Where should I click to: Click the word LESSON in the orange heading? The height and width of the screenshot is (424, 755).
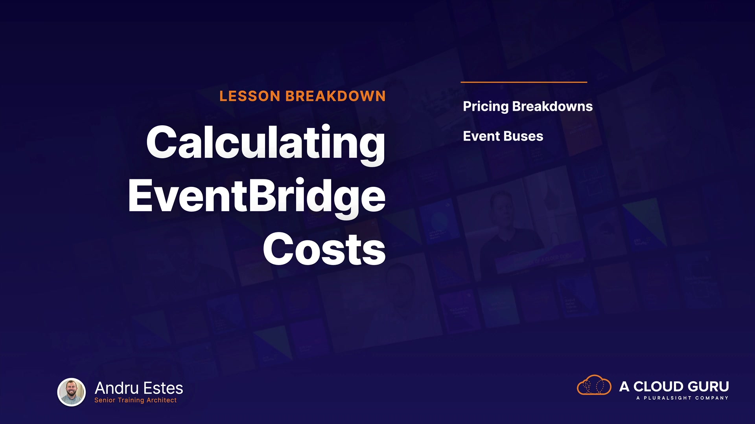click(x=250, y=96)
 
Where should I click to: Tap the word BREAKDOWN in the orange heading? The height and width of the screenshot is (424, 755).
click(x=335, y=96)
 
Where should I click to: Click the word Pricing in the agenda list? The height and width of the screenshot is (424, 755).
click(x=486, y=107)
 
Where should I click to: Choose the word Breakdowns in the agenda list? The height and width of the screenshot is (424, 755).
click(x=552, y=106)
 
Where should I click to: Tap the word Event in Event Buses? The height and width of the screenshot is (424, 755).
click(x=481, y=136)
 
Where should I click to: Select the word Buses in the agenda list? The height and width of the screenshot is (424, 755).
click(x=523, y=136)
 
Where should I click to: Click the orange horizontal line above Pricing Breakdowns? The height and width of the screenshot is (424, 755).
click(x=524, y=82)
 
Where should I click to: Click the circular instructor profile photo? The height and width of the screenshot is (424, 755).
click(x=72, y=392)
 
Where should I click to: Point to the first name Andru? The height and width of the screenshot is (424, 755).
click(x=117, y=388)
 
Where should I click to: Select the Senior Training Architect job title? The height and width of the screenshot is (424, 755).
click(x=135, y=400)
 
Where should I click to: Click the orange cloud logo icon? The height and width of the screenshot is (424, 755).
click(x=594, y=385)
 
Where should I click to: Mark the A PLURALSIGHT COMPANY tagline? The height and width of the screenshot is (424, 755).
click(x=682, y=398)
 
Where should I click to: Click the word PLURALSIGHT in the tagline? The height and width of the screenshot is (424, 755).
click(x=668, y=398)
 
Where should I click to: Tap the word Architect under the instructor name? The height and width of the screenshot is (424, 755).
click(x=162, y=400)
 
